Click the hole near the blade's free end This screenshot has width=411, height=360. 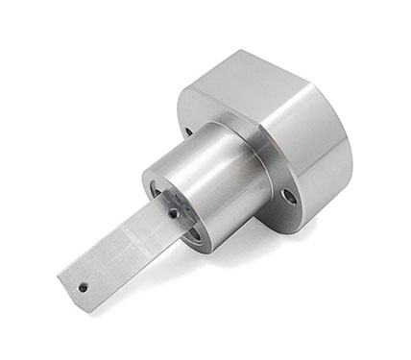pyautogui.click(x=84, y=286)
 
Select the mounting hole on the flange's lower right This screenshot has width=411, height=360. pyautogui.click(x=288, y=196)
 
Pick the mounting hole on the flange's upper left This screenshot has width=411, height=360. pyautogui.click(x=188, y=132)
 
